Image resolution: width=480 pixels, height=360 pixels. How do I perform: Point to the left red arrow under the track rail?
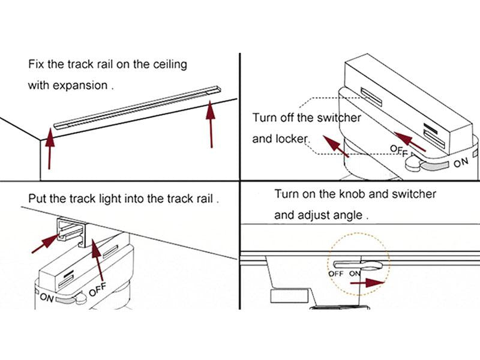click(x=50, y=148)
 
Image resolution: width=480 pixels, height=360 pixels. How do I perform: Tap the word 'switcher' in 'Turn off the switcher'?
click(x=339, y=118)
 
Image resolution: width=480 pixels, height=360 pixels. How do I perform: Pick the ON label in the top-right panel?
click(x=461, y=162)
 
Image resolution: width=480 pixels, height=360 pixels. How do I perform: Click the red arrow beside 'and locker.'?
click(x=336, y=146)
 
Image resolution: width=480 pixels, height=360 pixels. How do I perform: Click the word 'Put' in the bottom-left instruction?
click(x=37, y=198)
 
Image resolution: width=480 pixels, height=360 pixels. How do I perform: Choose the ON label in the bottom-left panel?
click(x=47, y=296)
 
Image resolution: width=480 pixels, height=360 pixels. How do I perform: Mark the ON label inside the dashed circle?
click(x=355, y=274)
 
